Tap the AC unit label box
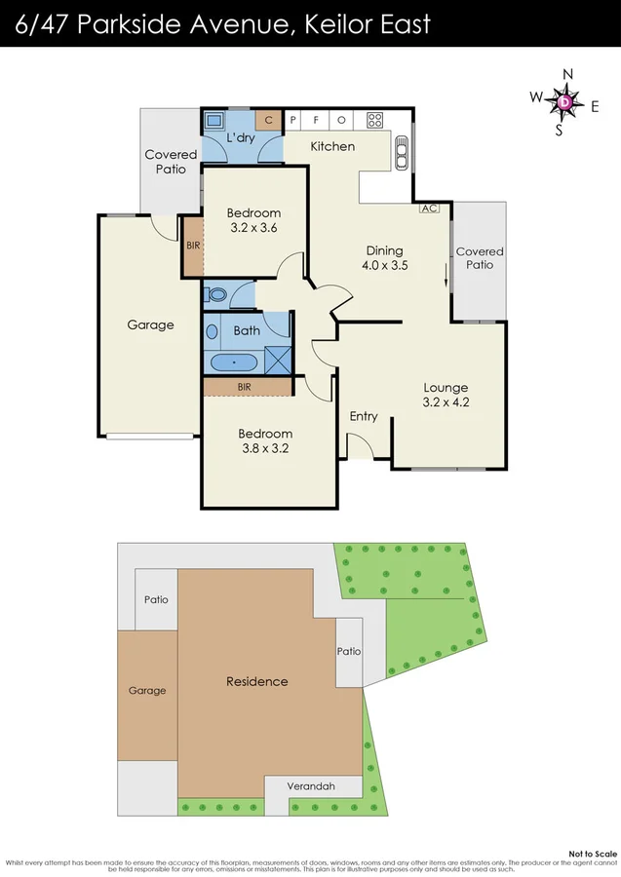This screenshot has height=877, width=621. [x=428, y=208]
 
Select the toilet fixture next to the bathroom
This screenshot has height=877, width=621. [x=216, y=293]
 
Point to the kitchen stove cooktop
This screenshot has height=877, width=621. [x=374, y=120]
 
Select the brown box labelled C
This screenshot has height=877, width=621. [x=269, y=120]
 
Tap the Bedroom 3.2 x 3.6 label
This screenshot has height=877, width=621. [x=253, y=220]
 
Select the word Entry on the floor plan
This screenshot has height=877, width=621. [x=364, y=416]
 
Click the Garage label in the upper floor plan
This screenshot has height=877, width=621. [x=150, y=324]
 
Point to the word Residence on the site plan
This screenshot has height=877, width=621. [x=256, y=681]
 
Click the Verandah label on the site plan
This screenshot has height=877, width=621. [x=312, y=786]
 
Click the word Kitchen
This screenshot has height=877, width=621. [x=332, y=146]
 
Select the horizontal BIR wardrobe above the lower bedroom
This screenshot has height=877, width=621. [x=248, y=387]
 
